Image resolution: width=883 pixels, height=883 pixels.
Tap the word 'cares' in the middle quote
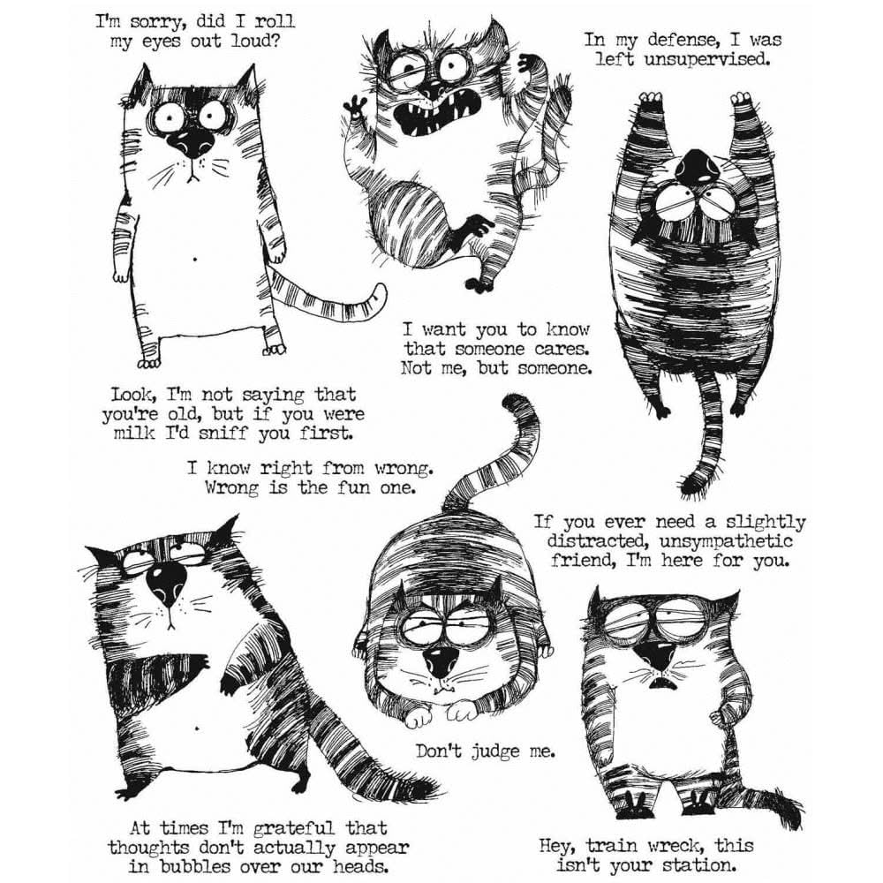[555, 348]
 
